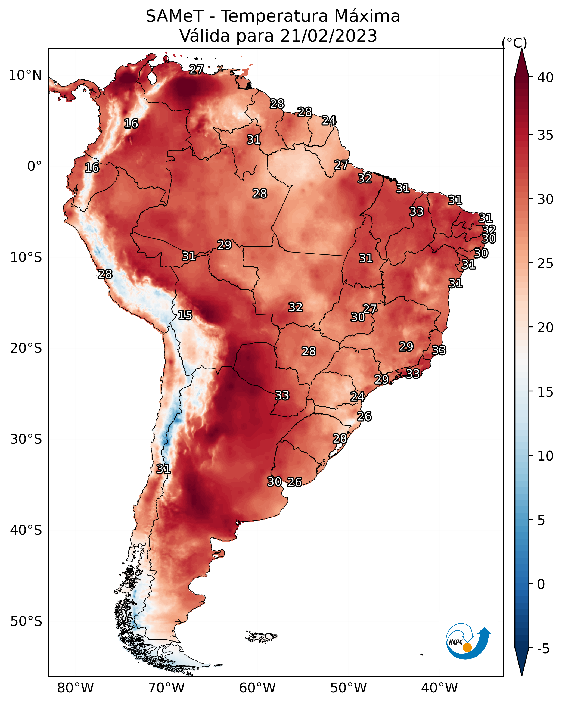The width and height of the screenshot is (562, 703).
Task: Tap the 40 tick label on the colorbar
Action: click(545, 77)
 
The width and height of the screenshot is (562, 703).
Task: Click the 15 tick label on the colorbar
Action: click(545, 392)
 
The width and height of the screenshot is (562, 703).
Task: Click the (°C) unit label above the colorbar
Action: click(514, 43)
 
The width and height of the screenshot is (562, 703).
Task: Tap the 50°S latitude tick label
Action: click(26, 621)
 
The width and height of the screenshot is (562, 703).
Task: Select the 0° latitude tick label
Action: click(35, 166)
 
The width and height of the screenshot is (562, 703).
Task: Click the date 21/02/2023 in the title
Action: click(328, 36)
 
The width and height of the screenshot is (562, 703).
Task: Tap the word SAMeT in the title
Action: click(175, 16)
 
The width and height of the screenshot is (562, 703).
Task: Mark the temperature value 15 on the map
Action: click(185, 315)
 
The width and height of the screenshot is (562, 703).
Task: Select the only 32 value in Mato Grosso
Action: click(296, 307)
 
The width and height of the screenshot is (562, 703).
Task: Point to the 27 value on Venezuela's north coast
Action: click(197, 69)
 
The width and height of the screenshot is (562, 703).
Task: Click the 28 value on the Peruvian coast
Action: click(105, 274)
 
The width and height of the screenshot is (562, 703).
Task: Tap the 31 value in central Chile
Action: click(163, 469)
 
